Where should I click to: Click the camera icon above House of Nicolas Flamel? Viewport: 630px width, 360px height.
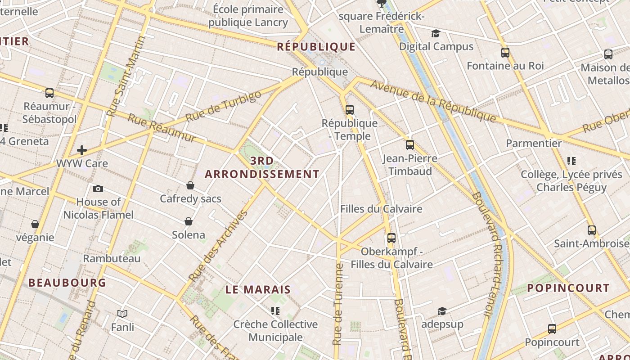(x=98, y=189)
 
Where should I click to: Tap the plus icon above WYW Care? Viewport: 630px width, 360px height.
(x=82, y=150)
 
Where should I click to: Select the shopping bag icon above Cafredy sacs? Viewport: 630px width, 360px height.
(x=190, y=185)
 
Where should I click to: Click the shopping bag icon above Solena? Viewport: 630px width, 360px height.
(x=189, y=221)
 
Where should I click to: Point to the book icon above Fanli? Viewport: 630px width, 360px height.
(x=122, y=314)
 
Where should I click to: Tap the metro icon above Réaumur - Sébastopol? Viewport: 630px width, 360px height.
(x=49, y=93)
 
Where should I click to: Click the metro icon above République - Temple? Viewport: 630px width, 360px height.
(x=349, y=109)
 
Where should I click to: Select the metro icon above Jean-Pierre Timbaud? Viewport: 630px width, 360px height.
(x=409, y=145)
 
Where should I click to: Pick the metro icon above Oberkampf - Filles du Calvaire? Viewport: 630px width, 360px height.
(x=391, y=238)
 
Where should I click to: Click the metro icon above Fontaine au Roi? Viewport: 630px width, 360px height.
(x=505, y=53)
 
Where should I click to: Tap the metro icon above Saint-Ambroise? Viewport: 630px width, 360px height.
(x=591, y=230)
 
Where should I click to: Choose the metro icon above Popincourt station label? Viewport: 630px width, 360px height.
(x=552, y=329)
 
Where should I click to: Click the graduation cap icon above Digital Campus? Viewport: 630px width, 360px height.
(x=436, y=33)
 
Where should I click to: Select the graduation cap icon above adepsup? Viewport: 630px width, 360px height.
(x=442, y=311)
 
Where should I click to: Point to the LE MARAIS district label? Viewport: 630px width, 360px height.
(x=258, y=290)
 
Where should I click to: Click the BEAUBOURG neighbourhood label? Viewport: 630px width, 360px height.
(x=67, y=283)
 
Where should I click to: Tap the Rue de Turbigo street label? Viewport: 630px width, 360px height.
(x=223, y=106)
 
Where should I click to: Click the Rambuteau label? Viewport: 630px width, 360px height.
(x=112, y=259)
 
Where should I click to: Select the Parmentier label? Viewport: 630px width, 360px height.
(x=534, y=144)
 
